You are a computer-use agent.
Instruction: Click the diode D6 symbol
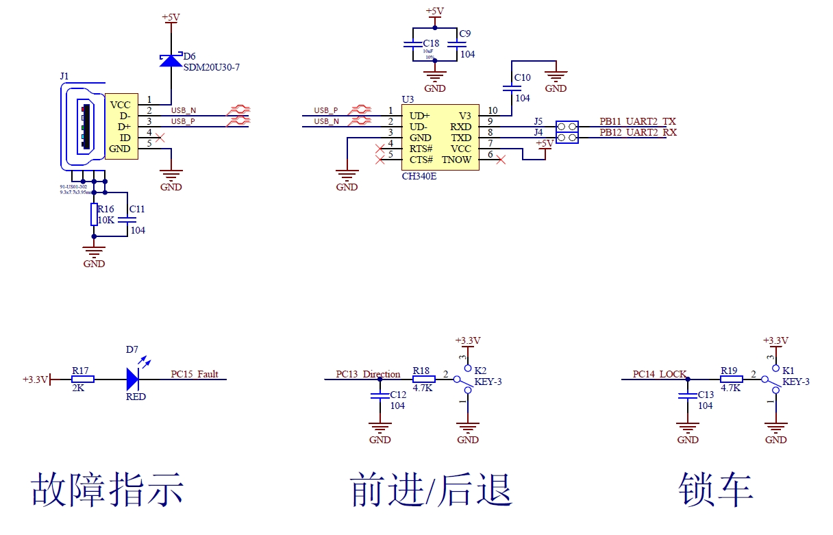pyautogui.click(x=171, y=60)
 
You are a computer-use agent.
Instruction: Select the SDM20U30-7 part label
pyautogui.click(x=212, y=67)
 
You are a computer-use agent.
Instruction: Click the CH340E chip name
pyautogui.click(x=419, y=176)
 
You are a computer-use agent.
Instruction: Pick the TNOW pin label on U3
pyautogui.click(x=456, y=160)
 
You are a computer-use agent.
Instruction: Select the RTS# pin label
pyautogui.click(x=421, y=149)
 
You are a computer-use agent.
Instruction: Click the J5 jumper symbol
pyautogui.click(x=567, y=127)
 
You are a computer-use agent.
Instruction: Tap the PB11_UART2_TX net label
pyautogui.click(x=638, y=121)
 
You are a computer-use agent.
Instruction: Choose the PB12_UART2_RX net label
pyautogui.click(x=638, y=132)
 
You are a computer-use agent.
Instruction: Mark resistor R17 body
pyautogui.click(x=82, y=379)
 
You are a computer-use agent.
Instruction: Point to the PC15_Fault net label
pyautogui.click(x=195, y=374)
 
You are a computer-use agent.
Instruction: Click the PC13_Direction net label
pyautogui.click(x=368, y=374)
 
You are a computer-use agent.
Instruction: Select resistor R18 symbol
pyautogui.click(x=423, y=379)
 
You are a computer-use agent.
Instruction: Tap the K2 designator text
pyautogui.click(x=480, y=370)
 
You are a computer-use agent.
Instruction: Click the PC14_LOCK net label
pyautogui.click(x=659, y=374)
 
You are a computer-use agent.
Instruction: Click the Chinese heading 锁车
pyautogui.click(x=716, y=489)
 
